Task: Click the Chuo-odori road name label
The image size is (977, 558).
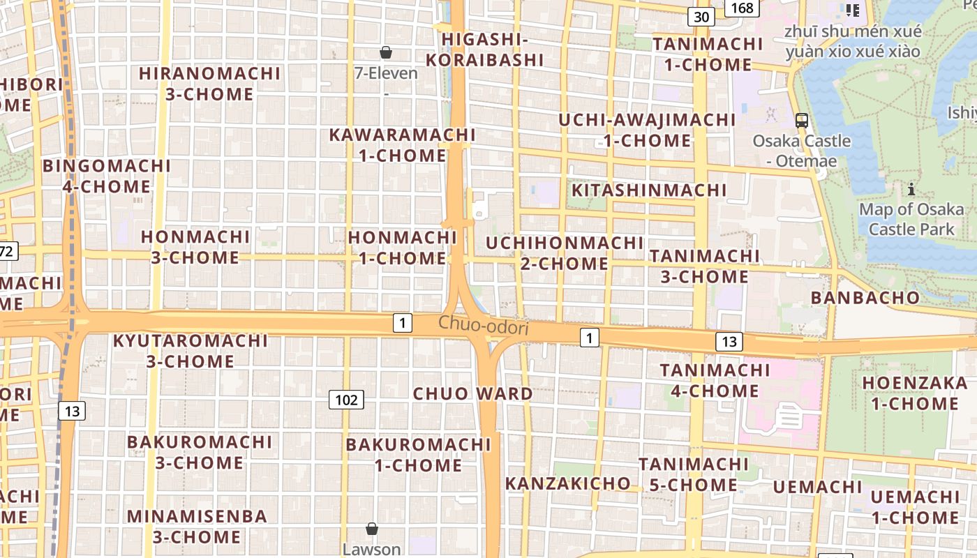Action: pos(484,325)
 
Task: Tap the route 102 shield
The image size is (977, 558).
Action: pos(346,400)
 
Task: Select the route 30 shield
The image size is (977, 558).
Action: pos(701,17)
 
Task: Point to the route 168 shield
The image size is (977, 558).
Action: pos(742,8)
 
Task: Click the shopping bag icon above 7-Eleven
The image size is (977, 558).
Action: pos(385,52)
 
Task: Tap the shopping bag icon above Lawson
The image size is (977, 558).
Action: pos(372,529)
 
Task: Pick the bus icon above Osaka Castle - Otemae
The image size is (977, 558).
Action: pos(802,120)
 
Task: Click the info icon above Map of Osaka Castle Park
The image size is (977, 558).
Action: pos(911,189)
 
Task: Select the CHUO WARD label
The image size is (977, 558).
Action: pos(472,393)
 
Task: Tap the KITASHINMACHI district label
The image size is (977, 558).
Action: pos(649,190)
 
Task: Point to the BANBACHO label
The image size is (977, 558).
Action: pos(865,298)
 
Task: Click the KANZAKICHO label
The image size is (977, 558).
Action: pos(567,483)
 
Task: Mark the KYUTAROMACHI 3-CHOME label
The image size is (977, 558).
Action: pos(190,351)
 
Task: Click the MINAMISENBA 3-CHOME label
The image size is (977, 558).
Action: pos(197,527)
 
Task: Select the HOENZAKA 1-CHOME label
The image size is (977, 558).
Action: pos(914,393)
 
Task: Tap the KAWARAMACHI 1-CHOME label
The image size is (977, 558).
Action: pos(402,145)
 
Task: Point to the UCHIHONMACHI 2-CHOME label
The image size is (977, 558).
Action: pos(564,253)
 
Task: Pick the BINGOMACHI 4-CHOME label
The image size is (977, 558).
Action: pos(107,176)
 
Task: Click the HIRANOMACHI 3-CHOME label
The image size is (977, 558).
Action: pos(209,84)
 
